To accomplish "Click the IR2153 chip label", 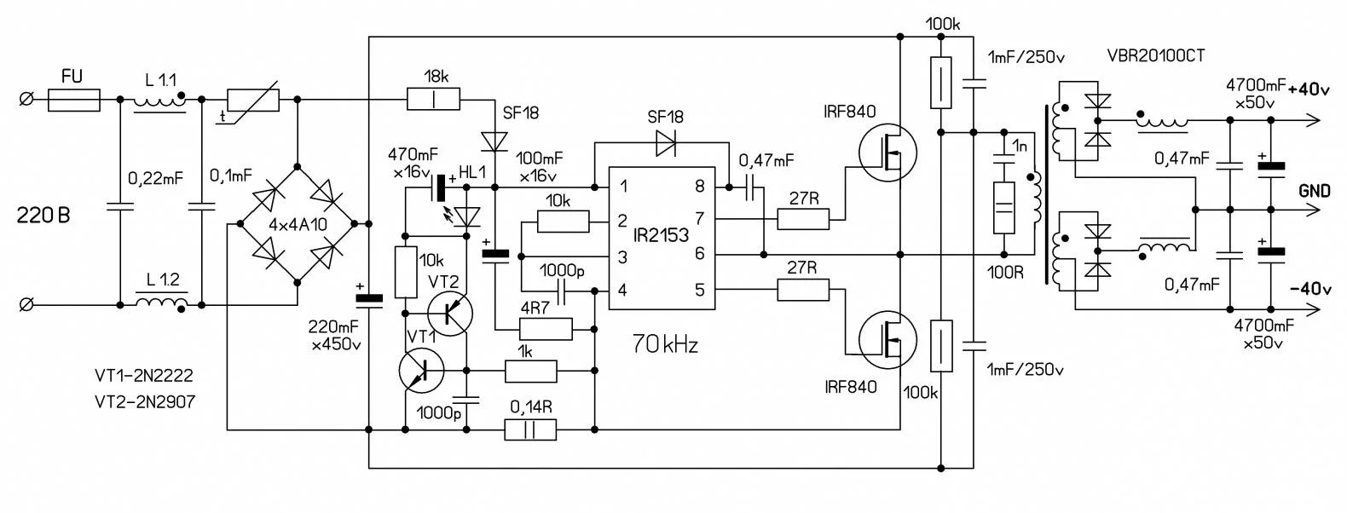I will [x=661, y=236].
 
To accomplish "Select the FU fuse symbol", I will [x=73, y=101].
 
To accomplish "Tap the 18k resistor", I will [x=434, y=100].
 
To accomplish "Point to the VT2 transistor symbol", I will [x=449, y=314].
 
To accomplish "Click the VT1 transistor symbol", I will [x=422, y=372].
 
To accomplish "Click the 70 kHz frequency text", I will [x=665, y=345].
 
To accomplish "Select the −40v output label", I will [x=1309, y=289].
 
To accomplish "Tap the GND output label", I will [x=1314, y=191].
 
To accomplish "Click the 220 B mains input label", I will [x=43, y=216].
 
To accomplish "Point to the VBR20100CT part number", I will [x=1155, y=56].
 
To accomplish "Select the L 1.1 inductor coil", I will [x=159, y=101].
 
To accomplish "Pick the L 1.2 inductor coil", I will [x=159, y=304].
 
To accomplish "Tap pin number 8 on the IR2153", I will [x=699, y=187].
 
